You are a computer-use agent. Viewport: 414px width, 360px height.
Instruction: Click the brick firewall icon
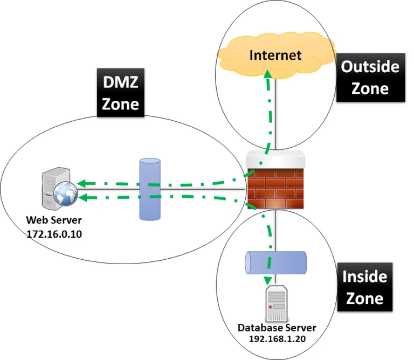(275, 183)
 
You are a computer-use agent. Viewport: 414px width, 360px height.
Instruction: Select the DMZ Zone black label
(121, 92)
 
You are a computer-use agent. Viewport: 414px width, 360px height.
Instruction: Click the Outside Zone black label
(370, 77)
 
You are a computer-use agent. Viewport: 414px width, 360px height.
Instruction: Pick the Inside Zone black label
(365, 288)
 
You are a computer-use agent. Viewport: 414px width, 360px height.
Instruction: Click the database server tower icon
(277, 305)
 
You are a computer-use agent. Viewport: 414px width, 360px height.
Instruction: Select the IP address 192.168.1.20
(277, 339)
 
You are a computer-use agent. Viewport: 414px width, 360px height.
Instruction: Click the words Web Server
(54, 221)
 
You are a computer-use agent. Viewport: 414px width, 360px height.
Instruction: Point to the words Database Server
(277, 328)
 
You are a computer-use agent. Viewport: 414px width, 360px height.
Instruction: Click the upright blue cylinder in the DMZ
(150, 189)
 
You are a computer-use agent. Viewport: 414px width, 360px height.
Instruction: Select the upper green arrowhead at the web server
(79, 183)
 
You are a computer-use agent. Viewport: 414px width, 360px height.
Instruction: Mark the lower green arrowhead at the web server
(79, 197)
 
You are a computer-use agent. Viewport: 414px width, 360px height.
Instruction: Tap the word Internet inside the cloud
(275, 55)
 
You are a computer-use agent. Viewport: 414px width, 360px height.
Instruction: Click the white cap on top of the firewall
(275, 160)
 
